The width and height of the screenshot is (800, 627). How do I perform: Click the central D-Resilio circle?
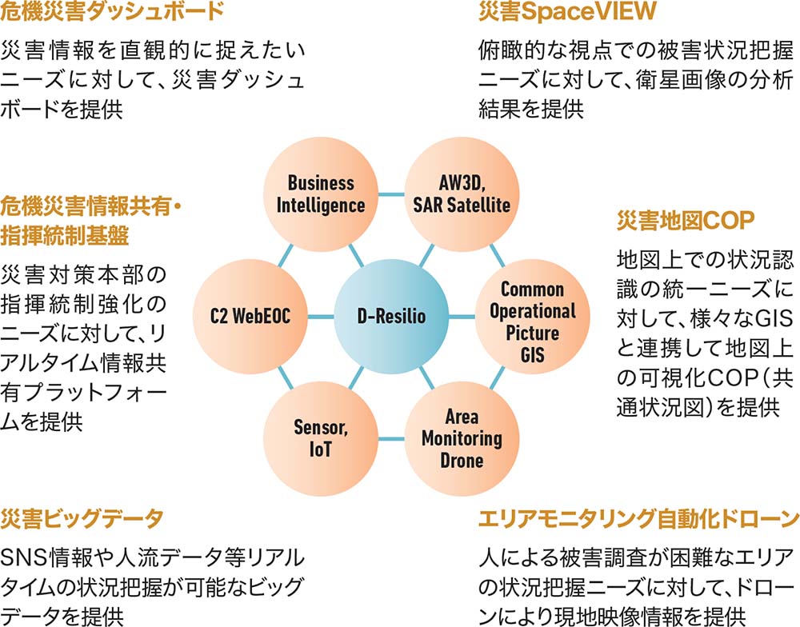391,317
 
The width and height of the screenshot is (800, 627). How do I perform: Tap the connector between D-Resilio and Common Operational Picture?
462,317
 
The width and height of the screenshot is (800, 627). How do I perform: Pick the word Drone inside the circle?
462,461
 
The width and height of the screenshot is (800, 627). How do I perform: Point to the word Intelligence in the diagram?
321,205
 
